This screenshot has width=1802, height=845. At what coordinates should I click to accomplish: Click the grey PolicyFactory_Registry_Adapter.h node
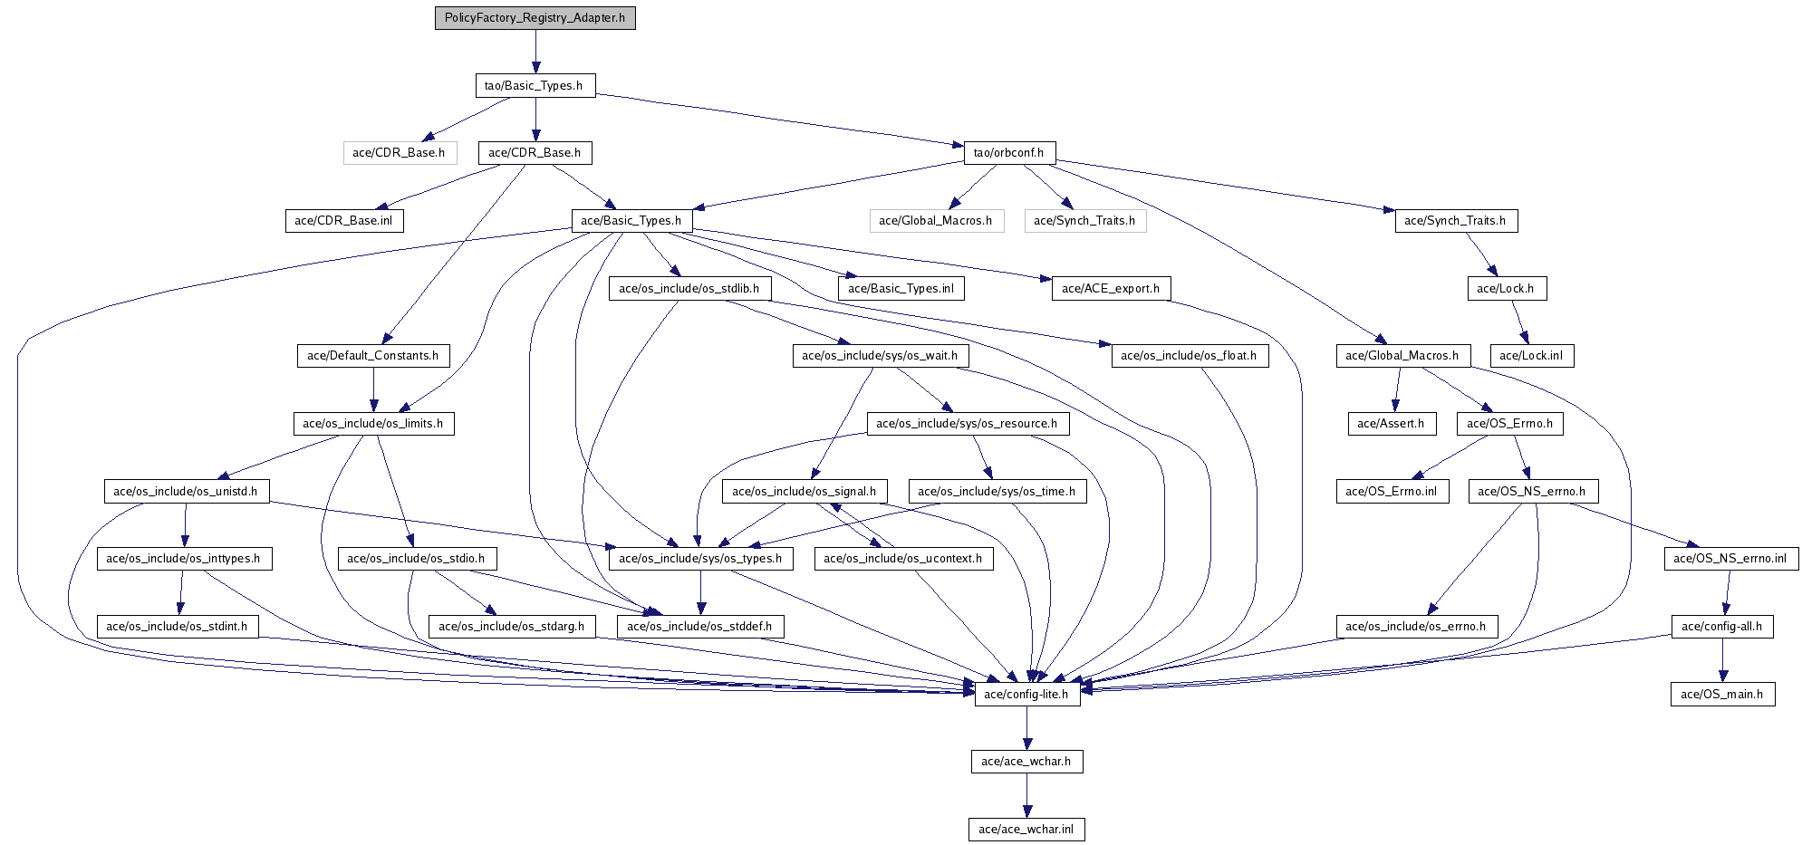coord(535,18)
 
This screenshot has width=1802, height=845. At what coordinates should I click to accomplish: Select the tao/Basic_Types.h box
coord(535,86)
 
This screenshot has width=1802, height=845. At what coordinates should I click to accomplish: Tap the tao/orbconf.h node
coord(1009,153)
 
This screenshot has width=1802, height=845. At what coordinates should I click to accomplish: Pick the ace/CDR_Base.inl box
coord(343,221)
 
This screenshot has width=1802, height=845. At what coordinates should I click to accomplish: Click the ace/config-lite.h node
coord(1027,695)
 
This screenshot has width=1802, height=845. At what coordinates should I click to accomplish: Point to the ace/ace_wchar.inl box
coord(1026,830)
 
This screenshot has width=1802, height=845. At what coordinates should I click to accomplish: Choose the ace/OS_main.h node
coord(1722,695)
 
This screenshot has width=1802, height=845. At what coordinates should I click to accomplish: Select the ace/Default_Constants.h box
coord(373,356)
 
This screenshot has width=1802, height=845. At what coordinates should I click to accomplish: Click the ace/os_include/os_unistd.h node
coord(186,492)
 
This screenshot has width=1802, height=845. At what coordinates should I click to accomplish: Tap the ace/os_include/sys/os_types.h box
coord(700,559)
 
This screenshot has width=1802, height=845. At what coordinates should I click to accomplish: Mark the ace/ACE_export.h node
coord(1111,289)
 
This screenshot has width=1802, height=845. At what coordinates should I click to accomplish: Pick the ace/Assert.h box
coord(1391,424)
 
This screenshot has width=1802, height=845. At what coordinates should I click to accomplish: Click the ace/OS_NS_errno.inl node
coord(1730,559)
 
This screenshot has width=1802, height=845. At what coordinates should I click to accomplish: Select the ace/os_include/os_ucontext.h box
coord(903,559)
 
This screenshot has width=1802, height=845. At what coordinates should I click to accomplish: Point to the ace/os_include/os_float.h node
coord(1190,356)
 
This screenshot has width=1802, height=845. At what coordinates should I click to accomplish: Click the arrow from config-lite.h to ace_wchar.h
coord(1026,728)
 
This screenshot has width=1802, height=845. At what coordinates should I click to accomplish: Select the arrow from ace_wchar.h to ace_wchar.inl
coord(1026,796)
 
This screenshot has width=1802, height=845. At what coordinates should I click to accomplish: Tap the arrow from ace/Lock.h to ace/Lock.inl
coord(1519,322)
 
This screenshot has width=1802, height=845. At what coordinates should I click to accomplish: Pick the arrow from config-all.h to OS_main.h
coord(1723,660)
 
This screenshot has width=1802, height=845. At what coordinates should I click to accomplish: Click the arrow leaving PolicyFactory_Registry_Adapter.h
coord(535,52)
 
